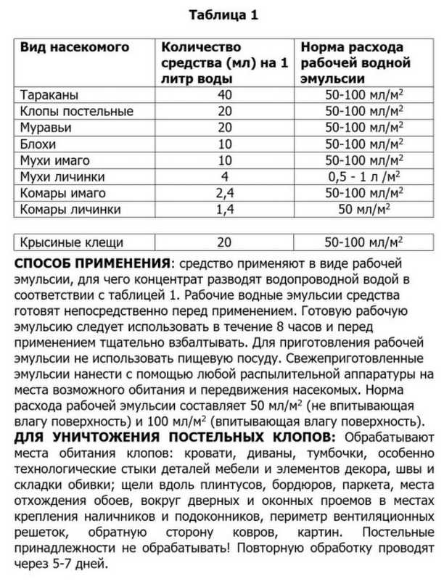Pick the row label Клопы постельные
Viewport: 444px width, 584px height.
76,112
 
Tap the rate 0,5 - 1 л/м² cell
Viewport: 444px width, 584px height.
356,177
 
